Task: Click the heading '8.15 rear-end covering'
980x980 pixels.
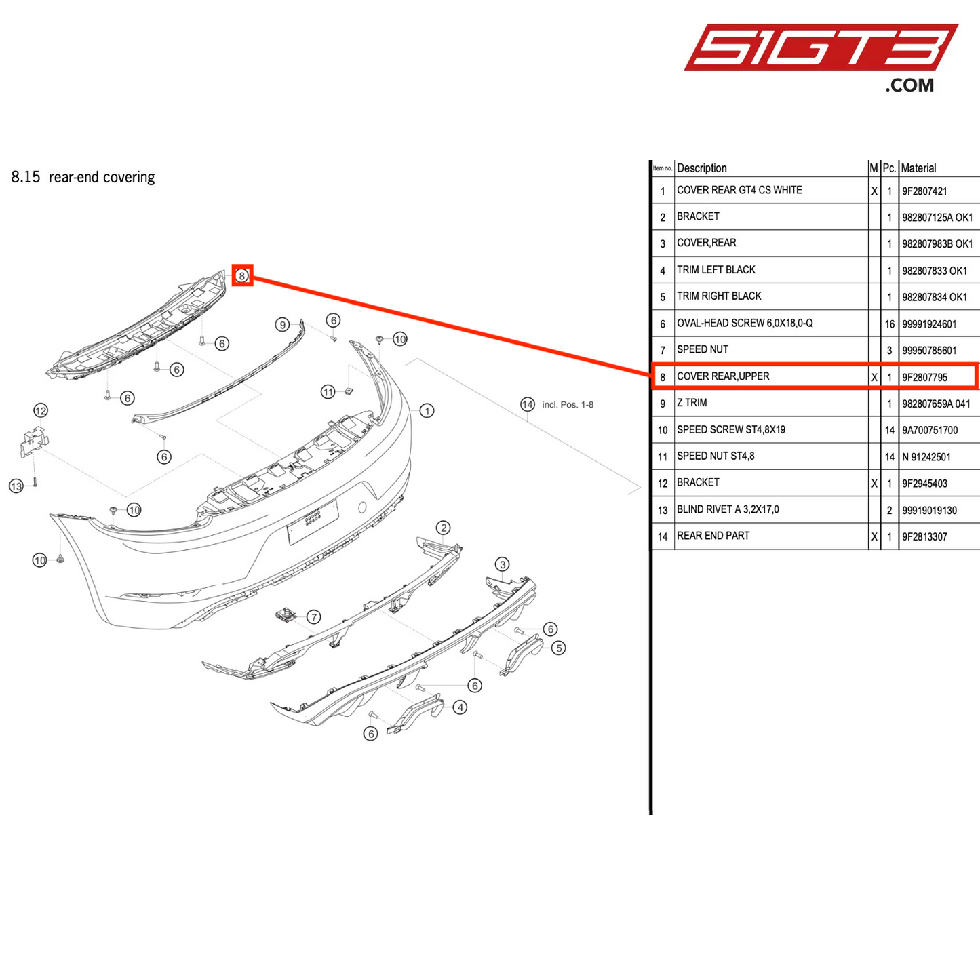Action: pos(83,177)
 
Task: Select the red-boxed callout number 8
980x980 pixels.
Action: pos(242,275)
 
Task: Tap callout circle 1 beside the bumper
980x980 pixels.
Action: pos(427,410)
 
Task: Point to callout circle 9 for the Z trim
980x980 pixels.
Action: pos(283,325)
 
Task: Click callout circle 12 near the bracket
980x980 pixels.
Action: pos(41,410)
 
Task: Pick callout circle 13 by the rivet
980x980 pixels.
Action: pos(16,486)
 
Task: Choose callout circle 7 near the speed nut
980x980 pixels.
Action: pos(313,616)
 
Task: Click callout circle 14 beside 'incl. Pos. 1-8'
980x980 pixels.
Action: pos(528,404)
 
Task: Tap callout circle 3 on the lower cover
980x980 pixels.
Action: pos(502,564)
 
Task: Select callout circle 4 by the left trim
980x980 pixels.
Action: pos(460,707)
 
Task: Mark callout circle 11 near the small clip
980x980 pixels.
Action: pos(328,392)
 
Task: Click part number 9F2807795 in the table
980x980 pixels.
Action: pos(924,377)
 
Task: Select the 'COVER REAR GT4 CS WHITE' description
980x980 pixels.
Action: pos(739,190)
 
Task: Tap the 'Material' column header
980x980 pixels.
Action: pos(918,168)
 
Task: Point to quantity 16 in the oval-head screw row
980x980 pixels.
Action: pos(889,324)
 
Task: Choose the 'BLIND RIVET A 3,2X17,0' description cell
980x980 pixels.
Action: pos(728,509)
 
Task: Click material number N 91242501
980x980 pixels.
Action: pos(926,457)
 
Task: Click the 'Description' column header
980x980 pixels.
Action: pos(702,168)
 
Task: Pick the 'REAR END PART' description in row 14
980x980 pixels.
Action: pos(713,536)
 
